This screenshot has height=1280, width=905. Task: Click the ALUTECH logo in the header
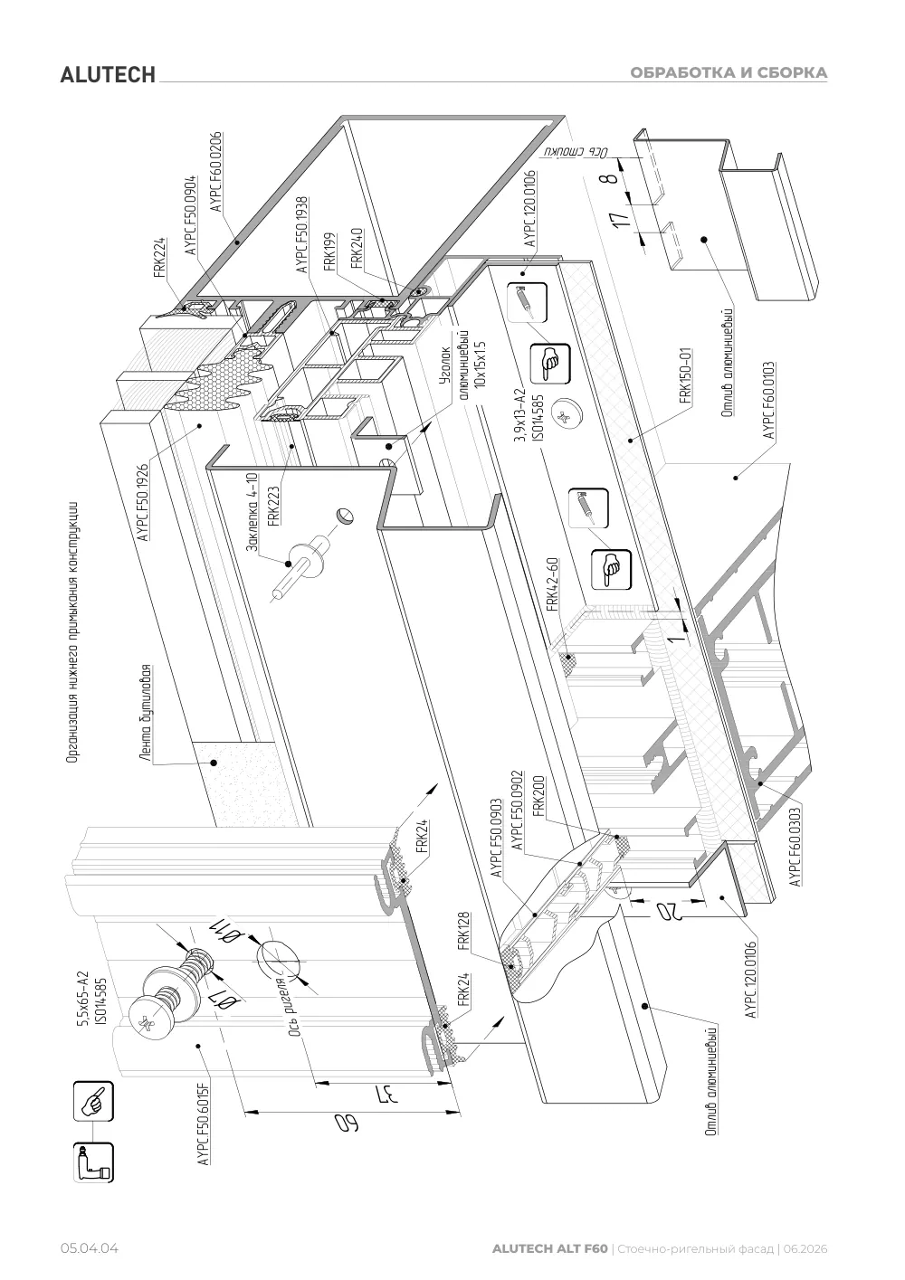(x=108, y=75)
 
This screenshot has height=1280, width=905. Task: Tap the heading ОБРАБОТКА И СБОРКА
(x=729, y=72)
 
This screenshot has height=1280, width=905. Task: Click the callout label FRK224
(x=159, y=257)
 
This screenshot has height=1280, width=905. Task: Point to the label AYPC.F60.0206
(x=216, y=172)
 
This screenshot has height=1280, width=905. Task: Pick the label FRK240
(x=357, y=249)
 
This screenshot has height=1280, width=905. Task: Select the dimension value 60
(x=347, y=1124)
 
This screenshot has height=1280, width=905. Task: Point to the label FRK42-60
(x=552, y=584)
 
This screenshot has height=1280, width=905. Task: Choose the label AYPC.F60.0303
(x=795, y=844)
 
